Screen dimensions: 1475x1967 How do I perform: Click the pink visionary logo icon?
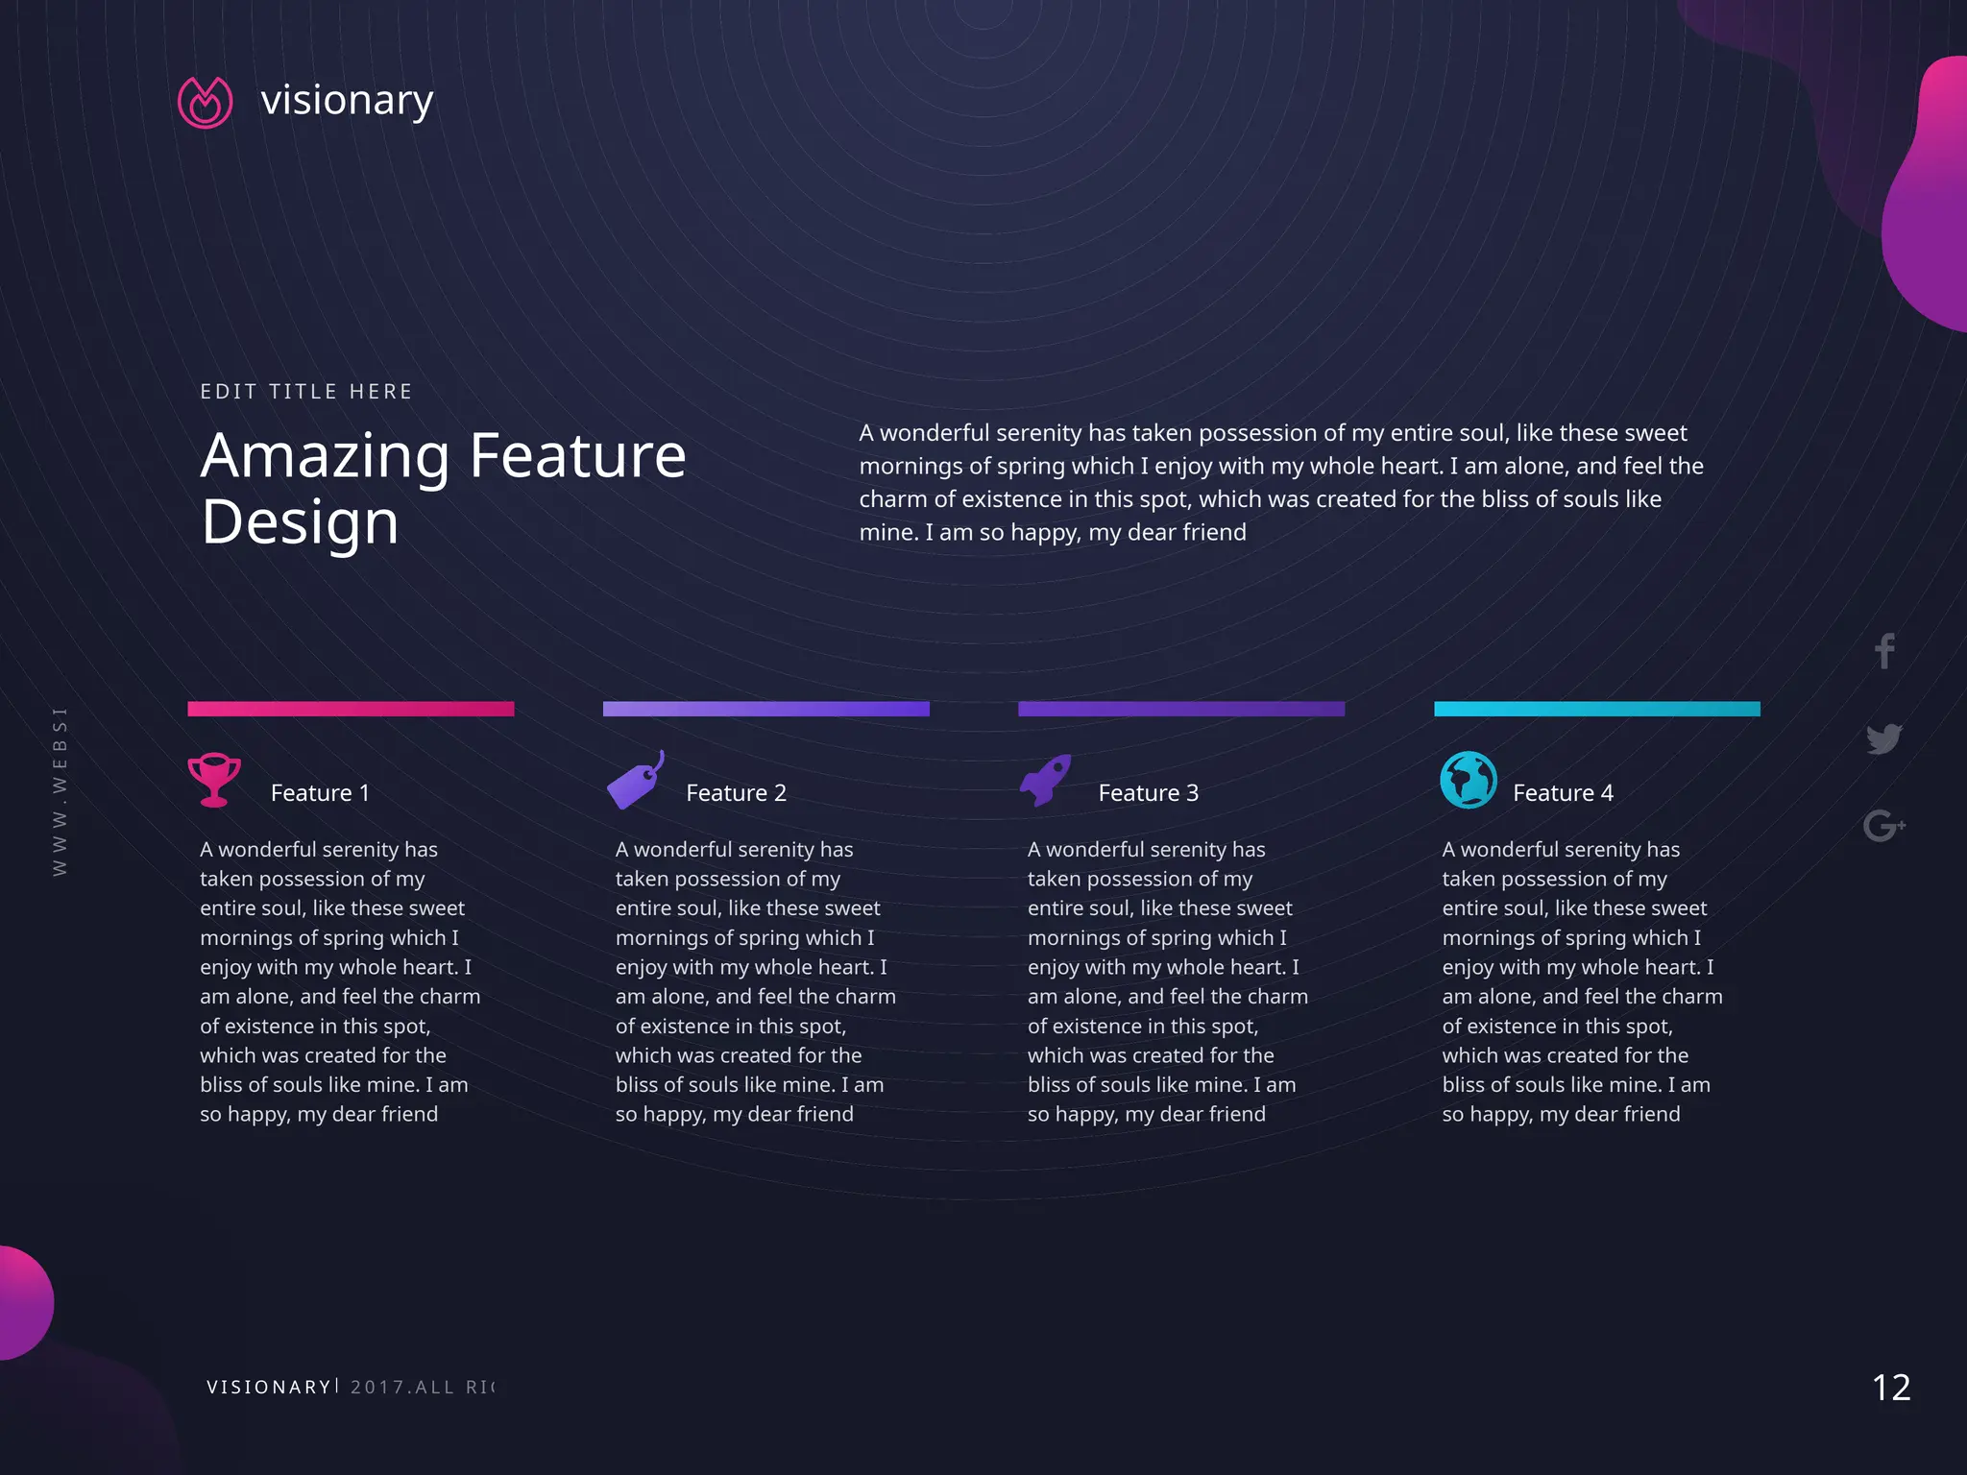[205, 102]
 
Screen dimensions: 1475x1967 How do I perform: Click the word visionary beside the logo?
[347, 100]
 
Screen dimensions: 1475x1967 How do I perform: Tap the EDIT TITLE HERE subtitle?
[306, 392]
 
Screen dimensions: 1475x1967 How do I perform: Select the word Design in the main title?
[300, 522]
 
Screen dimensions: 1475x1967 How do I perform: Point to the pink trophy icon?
[213, 779]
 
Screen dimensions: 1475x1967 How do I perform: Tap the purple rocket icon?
[1045, 780]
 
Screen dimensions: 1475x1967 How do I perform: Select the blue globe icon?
[1468, 780]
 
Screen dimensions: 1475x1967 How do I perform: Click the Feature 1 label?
[320, 793]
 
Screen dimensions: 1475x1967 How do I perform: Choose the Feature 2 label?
[736, 793]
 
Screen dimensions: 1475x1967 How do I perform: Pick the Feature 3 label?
[1148, 793]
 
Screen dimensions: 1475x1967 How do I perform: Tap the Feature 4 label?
[1563, 793]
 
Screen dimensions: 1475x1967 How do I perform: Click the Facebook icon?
[1884, 651]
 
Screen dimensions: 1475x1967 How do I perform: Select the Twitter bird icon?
[1884, 738]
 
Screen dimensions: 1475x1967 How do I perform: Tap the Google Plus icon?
[1883, 825]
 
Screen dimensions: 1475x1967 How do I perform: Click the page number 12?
[1891, 1388]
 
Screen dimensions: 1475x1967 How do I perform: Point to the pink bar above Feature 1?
[351, 709]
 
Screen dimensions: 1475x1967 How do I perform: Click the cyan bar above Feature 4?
[1596, 709]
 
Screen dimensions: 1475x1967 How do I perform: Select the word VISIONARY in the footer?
[269, 1388]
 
